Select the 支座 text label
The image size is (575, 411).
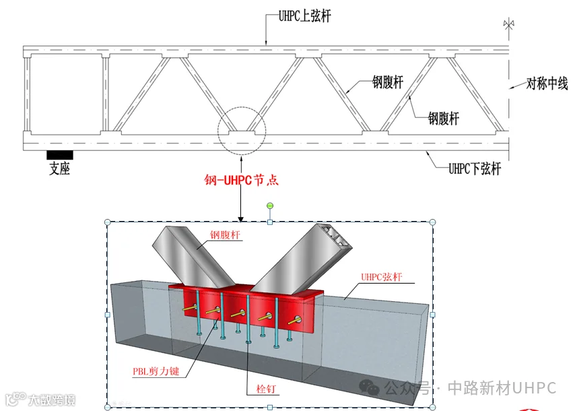tap(59, 169)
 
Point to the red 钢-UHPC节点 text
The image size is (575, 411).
tap(241, 181)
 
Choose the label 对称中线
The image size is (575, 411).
tap(547, 84)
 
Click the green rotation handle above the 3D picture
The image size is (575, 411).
tap(270, 206)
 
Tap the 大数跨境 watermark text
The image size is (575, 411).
tap(50, 400)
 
